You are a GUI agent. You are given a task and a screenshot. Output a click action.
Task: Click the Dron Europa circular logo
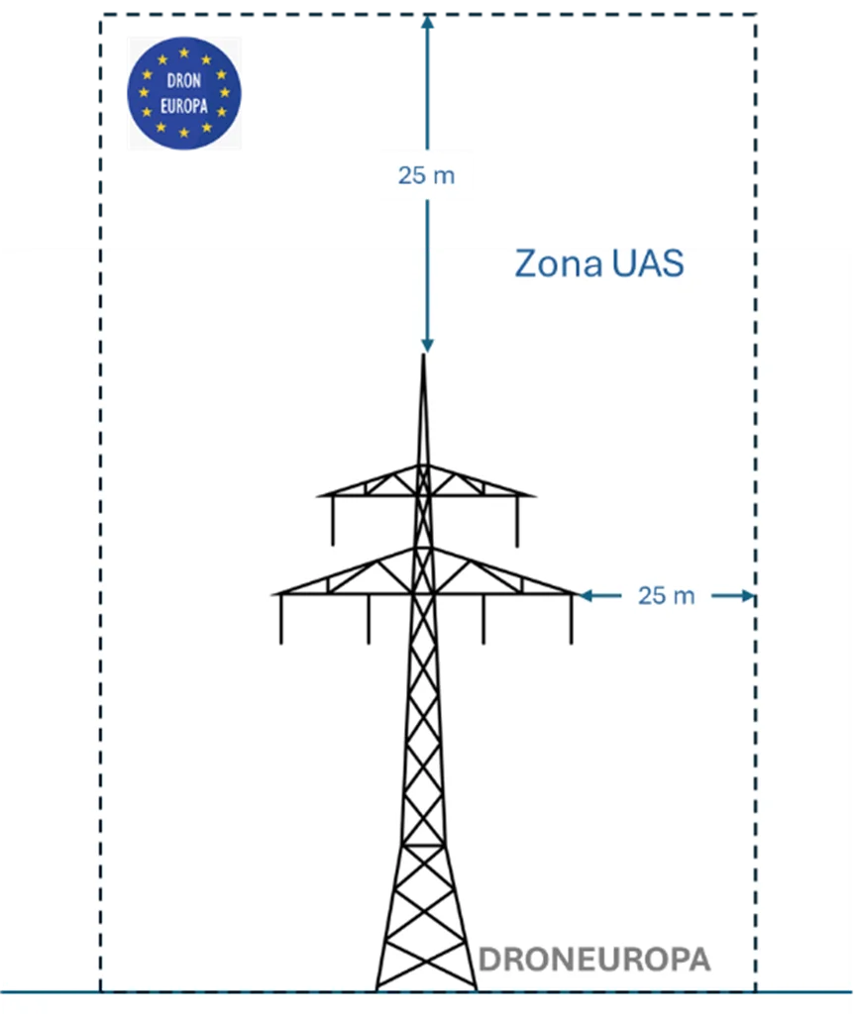click(183, 93)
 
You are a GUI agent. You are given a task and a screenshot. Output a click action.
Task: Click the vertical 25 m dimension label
click(427, 175)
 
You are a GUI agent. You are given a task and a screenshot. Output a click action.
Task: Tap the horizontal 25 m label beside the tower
click(666, 595)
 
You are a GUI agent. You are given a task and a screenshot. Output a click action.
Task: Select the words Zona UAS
click(599, 264)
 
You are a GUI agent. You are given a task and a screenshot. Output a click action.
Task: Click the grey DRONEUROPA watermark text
click(594, 960)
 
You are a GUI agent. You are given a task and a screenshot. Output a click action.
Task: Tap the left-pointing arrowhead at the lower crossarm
click(586, 595)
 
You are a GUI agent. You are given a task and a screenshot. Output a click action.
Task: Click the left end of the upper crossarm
click(319, 494)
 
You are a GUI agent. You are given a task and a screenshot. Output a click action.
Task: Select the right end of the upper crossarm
click(533, 494)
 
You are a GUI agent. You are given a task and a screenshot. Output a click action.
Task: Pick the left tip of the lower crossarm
click(274, 594)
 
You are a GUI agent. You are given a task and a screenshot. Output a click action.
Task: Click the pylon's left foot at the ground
click(377, 986)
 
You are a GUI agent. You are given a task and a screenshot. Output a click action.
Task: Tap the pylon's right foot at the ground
click(475, 986)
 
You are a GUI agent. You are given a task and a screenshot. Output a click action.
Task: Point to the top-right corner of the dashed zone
click(757, 17)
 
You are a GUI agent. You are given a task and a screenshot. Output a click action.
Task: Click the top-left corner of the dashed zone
click(100, 17)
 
